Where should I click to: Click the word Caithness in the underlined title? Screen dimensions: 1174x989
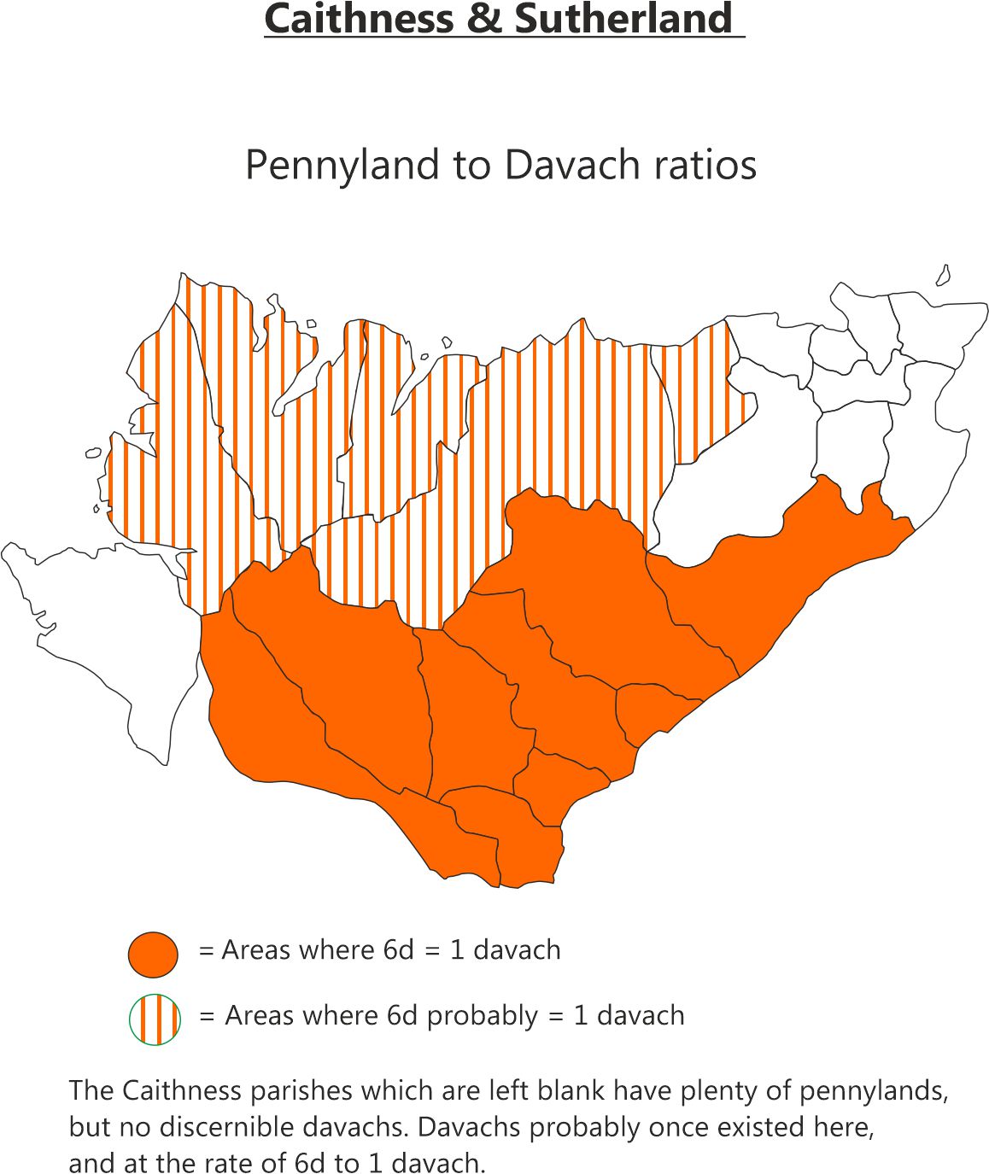click(x=359, y=19)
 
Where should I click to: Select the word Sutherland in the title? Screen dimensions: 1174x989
click(x=623, y=19)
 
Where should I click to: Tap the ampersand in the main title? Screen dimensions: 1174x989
click(x=485, y=19)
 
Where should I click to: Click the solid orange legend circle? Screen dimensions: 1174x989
click(x=153, y=954)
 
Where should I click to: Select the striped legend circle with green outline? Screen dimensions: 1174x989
click(x=155, y=1019)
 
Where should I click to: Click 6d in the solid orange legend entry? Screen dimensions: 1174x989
click(x=400, y=950)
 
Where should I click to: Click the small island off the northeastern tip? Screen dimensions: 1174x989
click(x=944, y=275)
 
